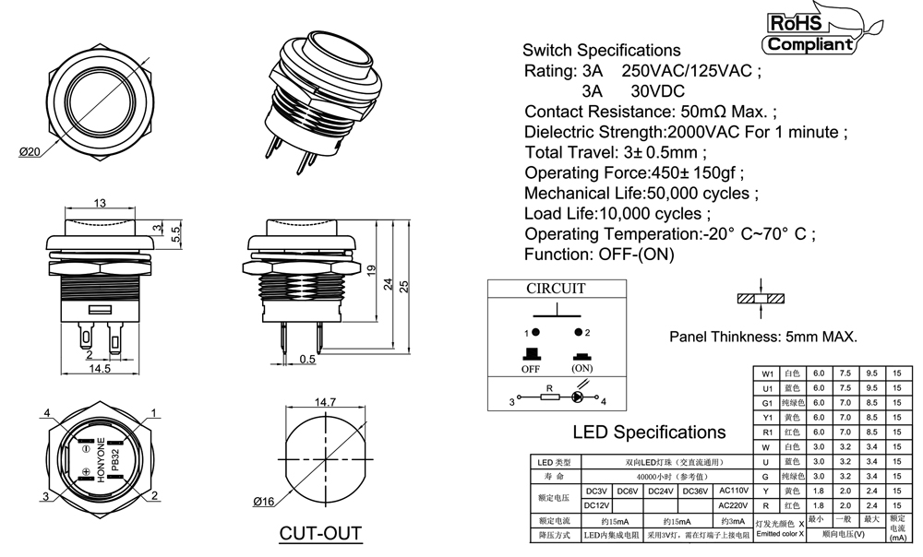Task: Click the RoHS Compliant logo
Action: coord(809,31)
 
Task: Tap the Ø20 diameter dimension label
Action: coord(30,153)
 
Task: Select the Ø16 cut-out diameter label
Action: coord(265,502)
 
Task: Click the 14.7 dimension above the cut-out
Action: coord(325,403)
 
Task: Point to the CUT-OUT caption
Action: coord(319,534)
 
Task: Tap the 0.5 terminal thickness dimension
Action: coord(307,360)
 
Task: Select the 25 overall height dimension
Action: coord(403,286)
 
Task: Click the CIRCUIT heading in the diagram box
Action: coord(556,289)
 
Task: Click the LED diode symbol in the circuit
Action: coord(579,398)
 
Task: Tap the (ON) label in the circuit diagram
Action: coord(581,368)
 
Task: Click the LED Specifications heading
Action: coord(649,432)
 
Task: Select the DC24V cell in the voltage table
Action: coord(661,491)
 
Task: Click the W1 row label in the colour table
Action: coord(765,373)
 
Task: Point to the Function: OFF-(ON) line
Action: coord(599,254)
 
